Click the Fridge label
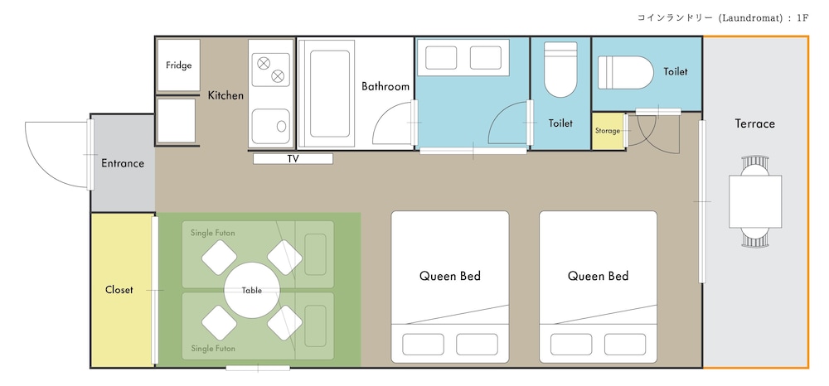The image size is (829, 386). click(179, 65)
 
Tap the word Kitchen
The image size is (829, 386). click(225, 95)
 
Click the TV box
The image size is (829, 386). click(293, 158)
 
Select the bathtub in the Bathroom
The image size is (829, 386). click(327, 94)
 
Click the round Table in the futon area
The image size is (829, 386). click(252, 290)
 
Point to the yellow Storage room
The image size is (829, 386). click(608, 131)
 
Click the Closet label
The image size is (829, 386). click(119, 290)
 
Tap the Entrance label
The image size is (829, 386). click(123, 163)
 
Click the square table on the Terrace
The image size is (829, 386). click(755, 201)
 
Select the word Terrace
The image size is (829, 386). click(755, 123)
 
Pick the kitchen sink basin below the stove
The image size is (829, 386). click(271, 126)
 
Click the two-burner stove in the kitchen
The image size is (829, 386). click(271, 70)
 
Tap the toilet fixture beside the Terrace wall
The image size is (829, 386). click(626, 72)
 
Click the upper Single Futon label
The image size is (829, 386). click(213, 233)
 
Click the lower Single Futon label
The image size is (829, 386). click(213, 349)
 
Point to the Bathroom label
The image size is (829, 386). click(385, 86)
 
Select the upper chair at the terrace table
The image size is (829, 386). click(755, 166)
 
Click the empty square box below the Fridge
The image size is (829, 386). click(177, 120)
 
